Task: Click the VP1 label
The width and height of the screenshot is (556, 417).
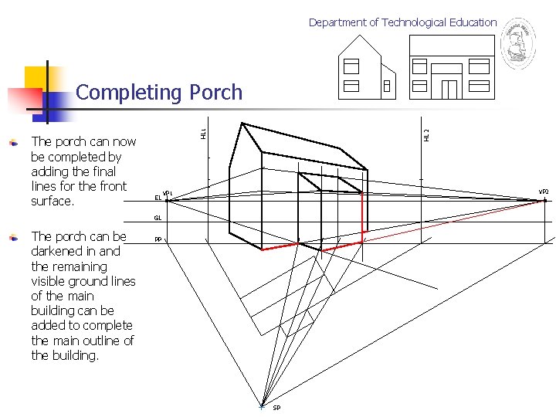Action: (167, 192)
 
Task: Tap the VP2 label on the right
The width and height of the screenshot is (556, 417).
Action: (543, 192)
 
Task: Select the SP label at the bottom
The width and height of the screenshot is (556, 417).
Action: (276, 408)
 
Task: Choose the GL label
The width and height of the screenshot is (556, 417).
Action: (157, 219)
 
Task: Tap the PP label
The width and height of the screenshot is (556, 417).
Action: (158, 239)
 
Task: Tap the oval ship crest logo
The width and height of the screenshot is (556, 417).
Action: (517, 44)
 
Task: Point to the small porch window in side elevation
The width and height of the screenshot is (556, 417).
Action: (386, 86)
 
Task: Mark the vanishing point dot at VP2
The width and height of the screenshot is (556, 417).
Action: (544, 201)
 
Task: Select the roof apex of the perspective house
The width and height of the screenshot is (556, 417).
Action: (242, 124)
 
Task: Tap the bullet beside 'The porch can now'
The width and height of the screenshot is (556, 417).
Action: (12, 142)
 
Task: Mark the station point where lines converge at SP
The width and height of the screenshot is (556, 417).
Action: (263, 405)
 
